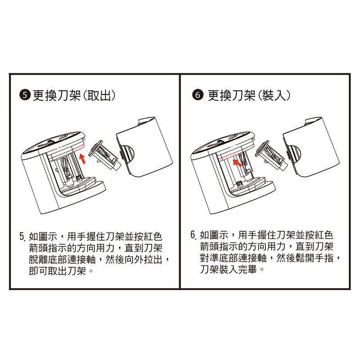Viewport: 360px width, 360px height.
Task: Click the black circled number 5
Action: click(x=25, y=95)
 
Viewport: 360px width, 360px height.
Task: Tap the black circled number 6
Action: click(x=198, y=95)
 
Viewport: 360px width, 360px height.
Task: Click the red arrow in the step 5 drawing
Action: click(x=83, y=159)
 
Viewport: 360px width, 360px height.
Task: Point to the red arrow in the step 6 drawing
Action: click(x=237, y=163)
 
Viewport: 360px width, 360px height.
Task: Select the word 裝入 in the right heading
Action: click(x=274, y=95)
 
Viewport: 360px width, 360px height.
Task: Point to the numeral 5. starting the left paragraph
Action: click(x=22, y=236)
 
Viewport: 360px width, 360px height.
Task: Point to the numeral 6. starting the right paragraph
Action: click(x=193, y=235)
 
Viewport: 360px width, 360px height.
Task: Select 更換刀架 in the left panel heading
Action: click(x=57, y=95)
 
